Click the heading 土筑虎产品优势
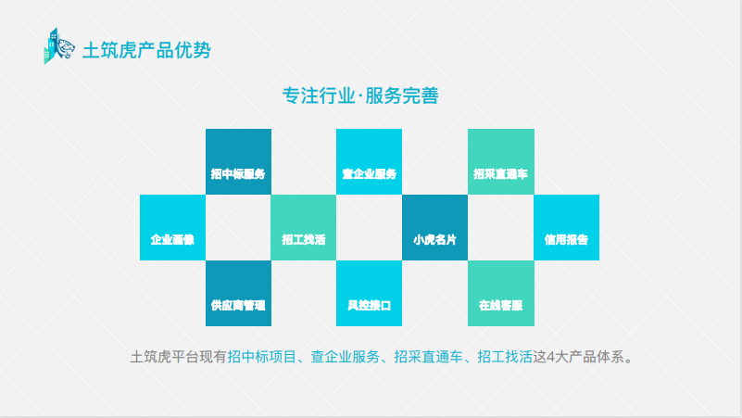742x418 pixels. coord(146,50)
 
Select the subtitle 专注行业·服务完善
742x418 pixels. coord(360,95)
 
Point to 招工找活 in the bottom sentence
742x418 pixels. coord(504,356)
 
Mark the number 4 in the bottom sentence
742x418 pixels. coord(551,356)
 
